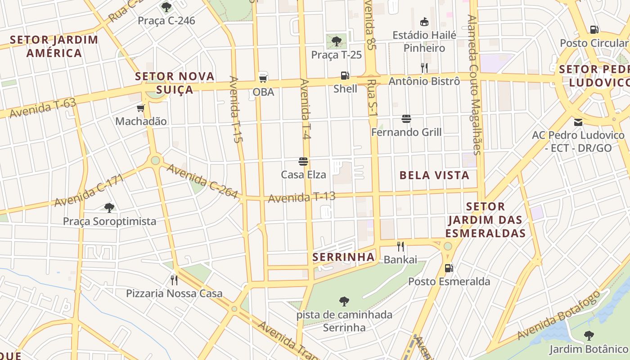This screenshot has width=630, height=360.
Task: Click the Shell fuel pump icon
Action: click(345, 76)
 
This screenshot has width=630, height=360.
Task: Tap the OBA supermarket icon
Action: click(263, 78)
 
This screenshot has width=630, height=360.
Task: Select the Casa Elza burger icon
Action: click(303, 162)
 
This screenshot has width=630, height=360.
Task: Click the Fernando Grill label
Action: click(406, 132)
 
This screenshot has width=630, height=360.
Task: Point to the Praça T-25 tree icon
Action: click(336, 42)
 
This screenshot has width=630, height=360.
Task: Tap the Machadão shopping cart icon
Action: click(141, 108)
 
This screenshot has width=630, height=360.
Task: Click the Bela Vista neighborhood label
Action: click(434, 175)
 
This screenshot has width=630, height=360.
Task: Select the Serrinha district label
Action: click(344, 257)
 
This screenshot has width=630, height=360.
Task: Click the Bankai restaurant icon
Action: click(400, 246)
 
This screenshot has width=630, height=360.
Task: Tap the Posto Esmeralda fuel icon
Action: click(449, 268)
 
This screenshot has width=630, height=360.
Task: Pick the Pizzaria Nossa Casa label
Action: click(174, 294)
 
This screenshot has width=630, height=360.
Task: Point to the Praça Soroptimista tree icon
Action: click(109, 207)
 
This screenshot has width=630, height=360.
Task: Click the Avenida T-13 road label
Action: click(302, 197)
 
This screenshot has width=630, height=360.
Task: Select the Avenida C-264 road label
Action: click(202, 181)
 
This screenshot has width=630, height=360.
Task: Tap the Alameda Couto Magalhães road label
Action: click(473, 85)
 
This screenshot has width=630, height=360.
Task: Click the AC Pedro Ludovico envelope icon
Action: click(578, 122)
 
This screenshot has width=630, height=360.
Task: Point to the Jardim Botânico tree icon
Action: click(589, 335)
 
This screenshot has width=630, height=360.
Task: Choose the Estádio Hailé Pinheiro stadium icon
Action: click(424, 22)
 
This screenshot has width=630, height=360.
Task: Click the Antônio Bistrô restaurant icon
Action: click(424, 68)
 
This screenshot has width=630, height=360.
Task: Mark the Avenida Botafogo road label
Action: click(558, 315)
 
